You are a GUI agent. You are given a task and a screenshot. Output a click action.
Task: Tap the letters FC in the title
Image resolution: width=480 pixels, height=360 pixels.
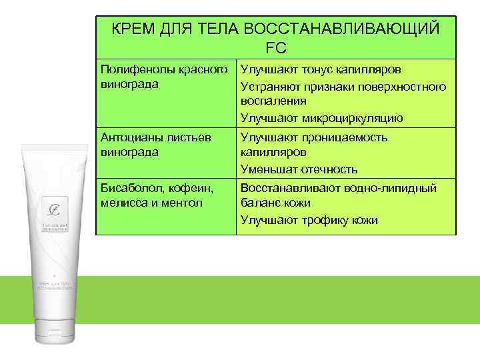pos(275,47)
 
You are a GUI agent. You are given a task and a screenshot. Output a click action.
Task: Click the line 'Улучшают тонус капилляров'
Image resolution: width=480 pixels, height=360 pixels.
pos(320,69)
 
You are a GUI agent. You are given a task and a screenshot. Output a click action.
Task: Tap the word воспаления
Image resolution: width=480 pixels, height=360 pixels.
pos(273,101)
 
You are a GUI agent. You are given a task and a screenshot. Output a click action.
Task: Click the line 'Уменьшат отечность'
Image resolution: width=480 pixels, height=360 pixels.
pos(299,169)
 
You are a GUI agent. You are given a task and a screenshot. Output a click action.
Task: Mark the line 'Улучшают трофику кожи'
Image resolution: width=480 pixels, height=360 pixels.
pos(309,220)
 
